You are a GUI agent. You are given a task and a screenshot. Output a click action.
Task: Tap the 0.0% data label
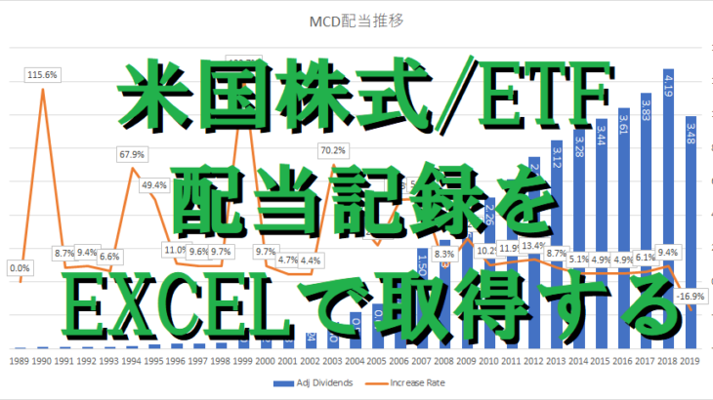click(20, 268)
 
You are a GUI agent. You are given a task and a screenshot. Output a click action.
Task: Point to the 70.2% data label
click(332, 150)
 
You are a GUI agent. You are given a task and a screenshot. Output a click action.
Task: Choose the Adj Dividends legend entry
click(311, 382)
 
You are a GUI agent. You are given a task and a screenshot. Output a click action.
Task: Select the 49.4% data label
click(154, 185)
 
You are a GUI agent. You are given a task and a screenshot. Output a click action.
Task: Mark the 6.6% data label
click(109, 257)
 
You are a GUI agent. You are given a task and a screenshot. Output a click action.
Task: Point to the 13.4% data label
click(533, 245)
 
